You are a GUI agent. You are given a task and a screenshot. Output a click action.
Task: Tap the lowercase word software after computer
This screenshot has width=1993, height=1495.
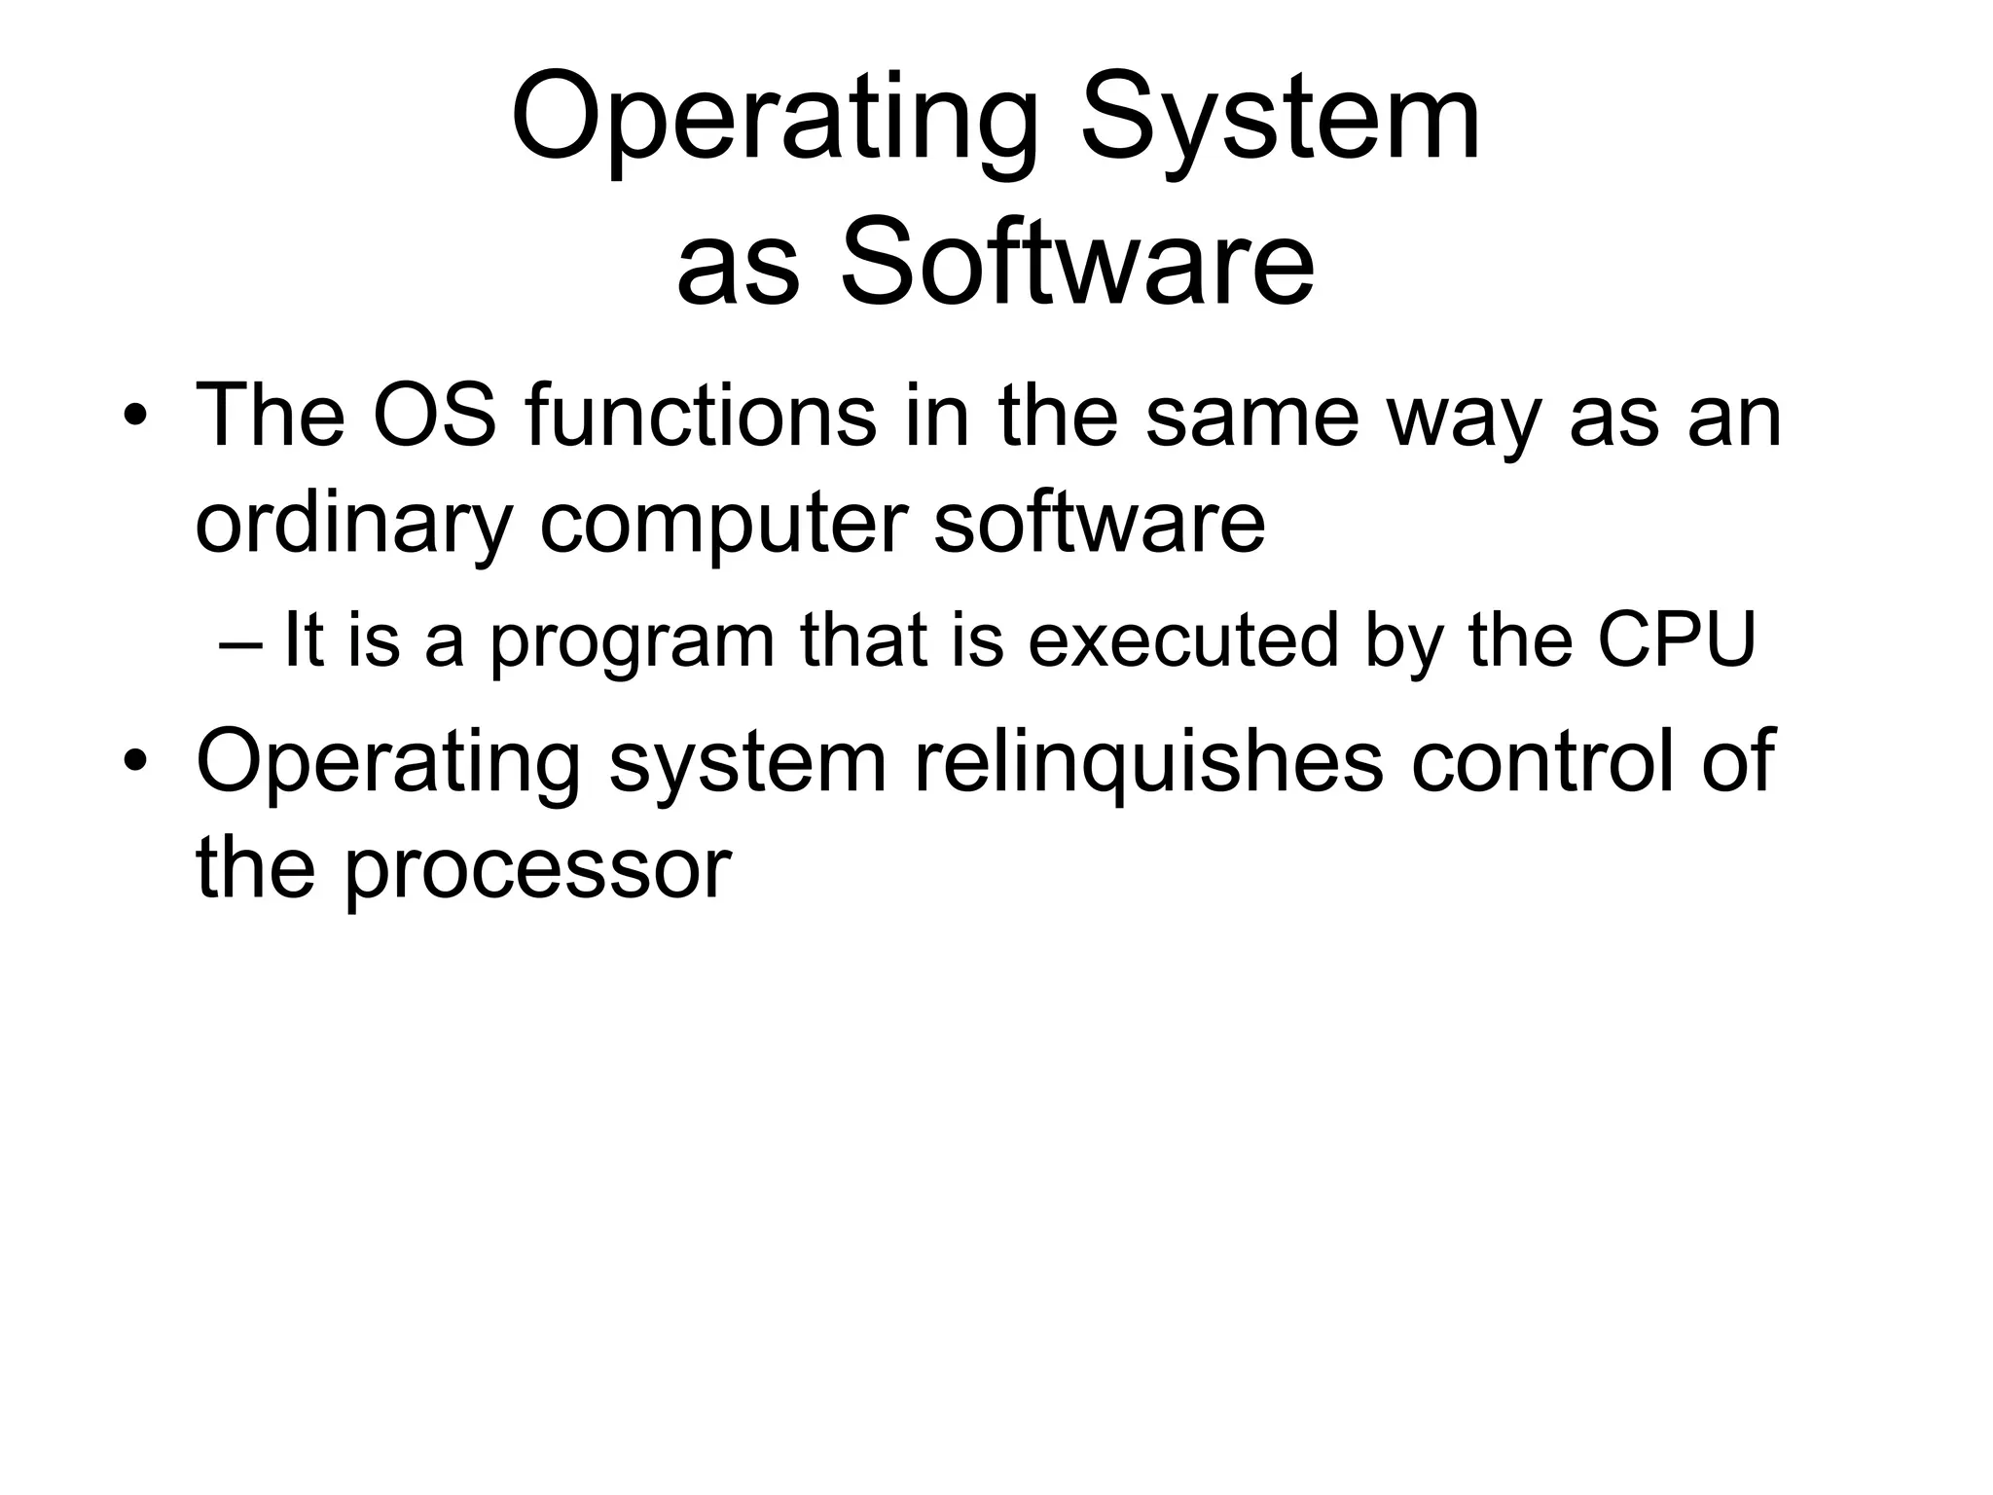(1099, 524)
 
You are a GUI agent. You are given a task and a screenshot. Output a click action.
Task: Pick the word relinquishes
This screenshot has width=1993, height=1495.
(1148, 762)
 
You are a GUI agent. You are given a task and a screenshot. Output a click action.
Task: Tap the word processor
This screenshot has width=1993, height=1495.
(537, 868)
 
